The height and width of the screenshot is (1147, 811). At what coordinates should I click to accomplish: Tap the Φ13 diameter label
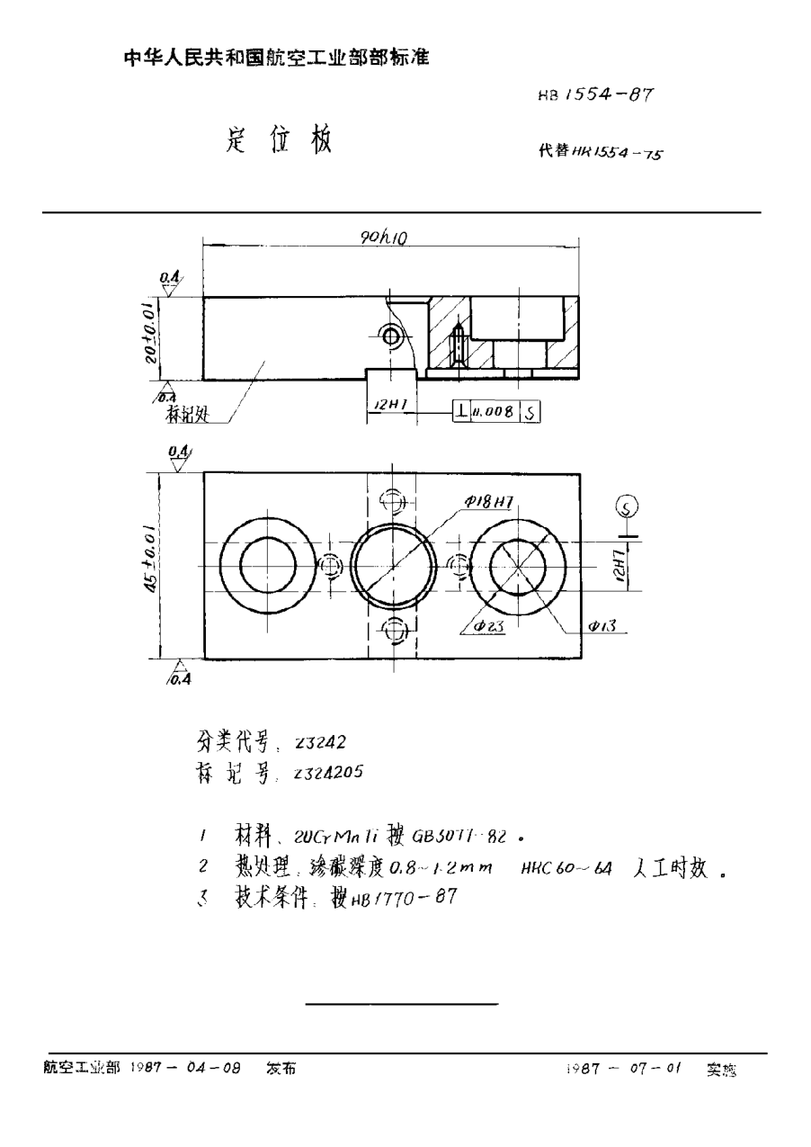point(600,625)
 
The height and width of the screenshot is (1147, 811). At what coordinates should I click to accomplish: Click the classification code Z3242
point(315,742)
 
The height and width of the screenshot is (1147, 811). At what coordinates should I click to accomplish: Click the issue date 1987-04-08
point(185,1070)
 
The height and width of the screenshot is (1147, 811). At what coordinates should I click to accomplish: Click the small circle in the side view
point(391,336)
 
